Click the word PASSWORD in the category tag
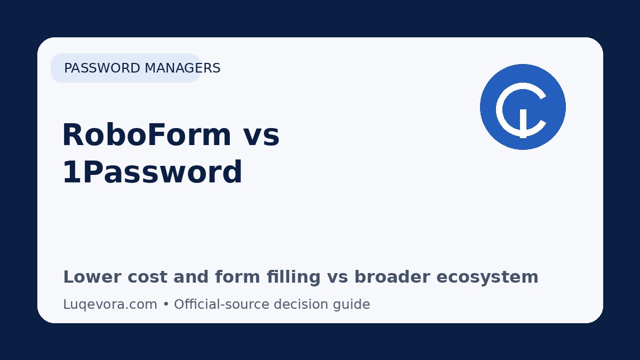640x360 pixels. click(102, 68)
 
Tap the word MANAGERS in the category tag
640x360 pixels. click(182, 68)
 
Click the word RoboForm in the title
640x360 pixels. click(147, 134)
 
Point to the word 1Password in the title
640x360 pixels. click(153, 172)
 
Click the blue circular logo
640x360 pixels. click(523, 107)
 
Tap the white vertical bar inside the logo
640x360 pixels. click(523, 123)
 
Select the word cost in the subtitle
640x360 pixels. click(147, 278)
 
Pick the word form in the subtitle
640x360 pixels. click(237, 277)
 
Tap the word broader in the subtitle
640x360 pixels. click(393, 277)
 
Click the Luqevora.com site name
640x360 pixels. click(110, 305)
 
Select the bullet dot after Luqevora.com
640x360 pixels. click(166, 305)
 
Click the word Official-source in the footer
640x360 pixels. click(222, 305)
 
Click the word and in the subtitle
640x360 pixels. click(191, 277)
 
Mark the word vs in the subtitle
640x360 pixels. click(338, 278)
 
